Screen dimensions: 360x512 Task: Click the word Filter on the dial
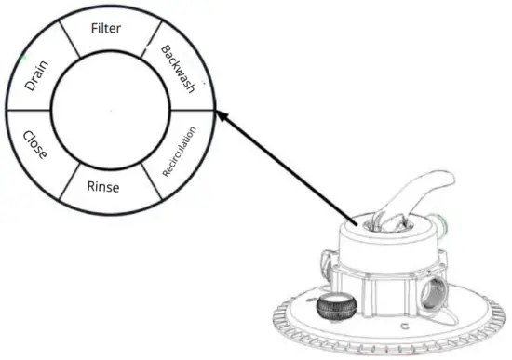[x=106, y=28]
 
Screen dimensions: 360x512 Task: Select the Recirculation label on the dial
[x=180, y=150]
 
